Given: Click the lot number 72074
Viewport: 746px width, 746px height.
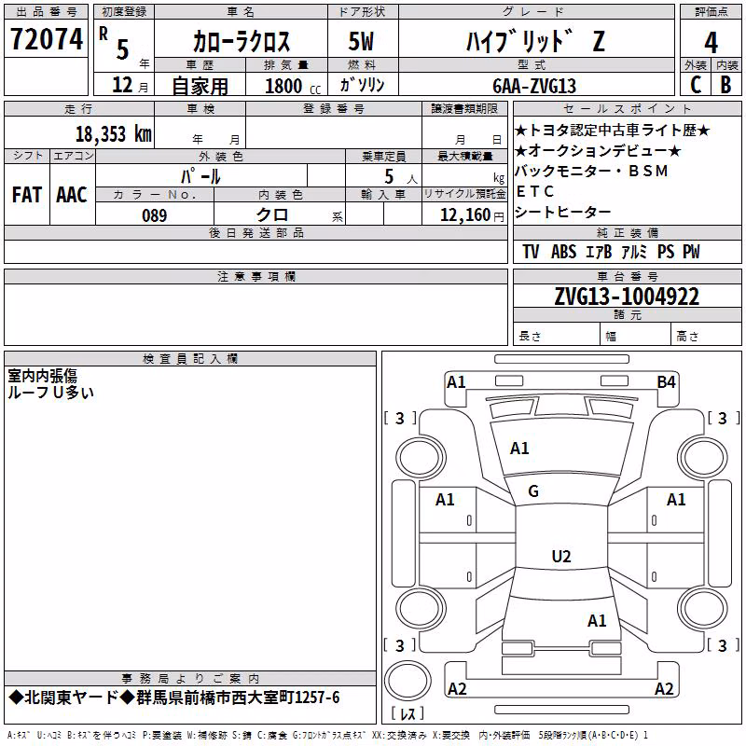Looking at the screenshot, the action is coord(47,39).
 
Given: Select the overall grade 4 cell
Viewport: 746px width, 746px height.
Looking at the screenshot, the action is coord(711,42).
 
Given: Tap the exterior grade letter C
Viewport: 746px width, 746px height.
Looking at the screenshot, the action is coord(696,85).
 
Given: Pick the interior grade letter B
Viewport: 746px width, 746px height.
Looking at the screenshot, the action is coord(725,85).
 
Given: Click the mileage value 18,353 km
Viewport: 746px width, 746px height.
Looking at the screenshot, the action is coord(113,134).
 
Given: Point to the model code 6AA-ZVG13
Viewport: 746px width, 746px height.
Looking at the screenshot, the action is coord(534,86).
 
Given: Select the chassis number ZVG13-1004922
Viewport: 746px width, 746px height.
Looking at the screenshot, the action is coord(627,297).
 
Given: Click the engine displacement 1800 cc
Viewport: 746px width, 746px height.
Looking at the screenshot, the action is coord(293,86).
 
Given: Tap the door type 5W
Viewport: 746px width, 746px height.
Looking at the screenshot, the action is coord(361,41).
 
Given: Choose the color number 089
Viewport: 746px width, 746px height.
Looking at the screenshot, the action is coord(155,215).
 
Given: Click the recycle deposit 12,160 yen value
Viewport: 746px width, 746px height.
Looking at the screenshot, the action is coord(472,215).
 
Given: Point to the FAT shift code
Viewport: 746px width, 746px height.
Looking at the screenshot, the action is coord(27,195).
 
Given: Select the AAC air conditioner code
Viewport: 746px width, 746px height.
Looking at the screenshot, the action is coord(72,195).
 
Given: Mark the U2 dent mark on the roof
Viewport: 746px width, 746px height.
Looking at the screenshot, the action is coord(561,556).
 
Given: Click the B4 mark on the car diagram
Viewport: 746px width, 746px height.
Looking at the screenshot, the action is coord(666,382).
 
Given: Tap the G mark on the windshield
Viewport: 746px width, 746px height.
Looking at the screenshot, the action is coord(533,491).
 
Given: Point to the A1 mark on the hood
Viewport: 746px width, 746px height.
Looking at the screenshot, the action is coord(519,449).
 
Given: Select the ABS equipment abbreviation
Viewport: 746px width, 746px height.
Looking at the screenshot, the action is coord(563,252).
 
